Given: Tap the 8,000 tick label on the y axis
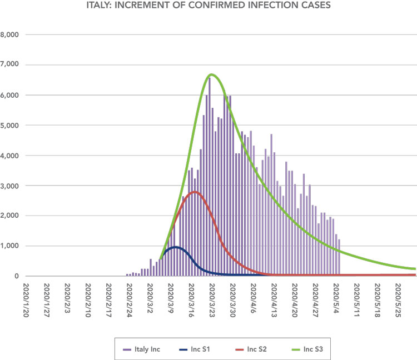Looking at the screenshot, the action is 9,34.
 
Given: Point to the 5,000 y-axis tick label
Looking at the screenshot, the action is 9,126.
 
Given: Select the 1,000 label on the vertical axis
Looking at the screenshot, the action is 9,246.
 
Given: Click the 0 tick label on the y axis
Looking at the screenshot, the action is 17,276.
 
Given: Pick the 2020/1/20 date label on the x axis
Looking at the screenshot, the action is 26,300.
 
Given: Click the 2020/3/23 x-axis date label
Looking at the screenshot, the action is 212,300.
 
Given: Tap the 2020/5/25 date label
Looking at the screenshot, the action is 398,300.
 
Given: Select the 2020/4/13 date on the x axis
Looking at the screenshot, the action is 274,300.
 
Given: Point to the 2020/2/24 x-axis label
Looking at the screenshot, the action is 129,300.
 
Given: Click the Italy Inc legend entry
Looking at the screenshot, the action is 141,349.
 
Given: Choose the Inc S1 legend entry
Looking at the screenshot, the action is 195,349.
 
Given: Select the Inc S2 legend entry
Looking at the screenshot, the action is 251,349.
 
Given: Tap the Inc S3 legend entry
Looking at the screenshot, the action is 307,349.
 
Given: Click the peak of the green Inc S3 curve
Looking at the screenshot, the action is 211,74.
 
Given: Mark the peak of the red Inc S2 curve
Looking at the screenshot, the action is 195,192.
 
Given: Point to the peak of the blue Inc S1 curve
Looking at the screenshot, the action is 176,247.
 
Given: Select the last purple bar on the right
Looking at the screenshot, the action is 339,258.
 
